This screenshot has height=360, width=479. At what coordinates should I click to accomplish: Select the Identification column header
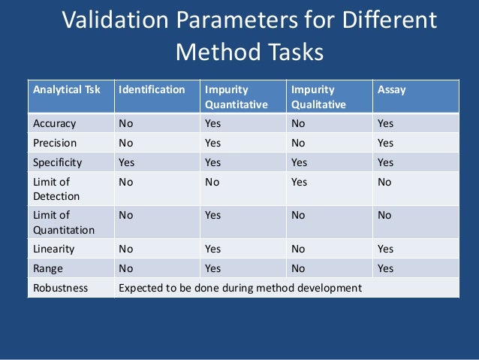click(152, 89)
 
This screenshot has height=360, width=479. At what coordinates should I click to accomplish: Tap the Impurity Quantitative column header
click(236, 97)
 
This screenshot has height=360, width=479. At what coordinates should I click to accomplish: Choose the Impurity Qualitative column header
click(318, 97)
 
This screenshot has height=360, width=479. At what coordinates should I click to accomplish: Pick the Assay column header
click(392, 89)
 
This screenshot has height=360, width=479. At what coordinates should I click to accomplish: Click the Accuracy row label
click(54, 123)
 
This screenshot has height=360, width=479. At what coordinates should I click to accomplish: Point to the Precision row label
click(54, 142)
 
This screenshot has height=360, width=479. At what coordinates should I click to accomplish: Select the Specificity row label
click(57, 162)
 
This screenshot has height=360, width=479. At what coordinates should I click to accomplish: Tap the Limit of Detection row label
click(54, 188)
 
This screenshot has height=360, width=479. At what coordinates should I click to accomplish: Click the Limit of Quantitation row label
click(62, 222)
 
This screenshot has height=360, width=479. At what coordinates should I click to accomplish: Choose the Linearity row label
click(53, 249)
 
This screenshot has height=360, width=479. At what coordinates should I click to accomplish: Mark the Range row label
click(48, 268)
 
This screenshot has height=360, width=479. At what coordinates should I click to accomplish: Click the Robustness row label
click(60, 287)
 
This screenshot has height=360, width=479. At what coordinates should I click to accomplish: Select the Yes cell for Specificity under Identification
click(127, 162)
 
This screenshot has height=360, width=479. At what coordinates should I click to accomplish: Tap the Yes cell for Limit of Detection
click(299, 181)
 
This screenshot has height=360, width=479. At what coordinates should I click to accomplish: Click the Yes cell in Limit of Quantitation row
click(213, 215)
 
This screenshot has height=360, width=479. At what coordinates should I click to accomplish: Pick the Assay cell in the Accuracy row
click(386, 123)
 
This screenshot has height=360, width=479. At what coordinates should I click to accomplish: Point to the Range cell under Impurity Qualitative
click(299, 268)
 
